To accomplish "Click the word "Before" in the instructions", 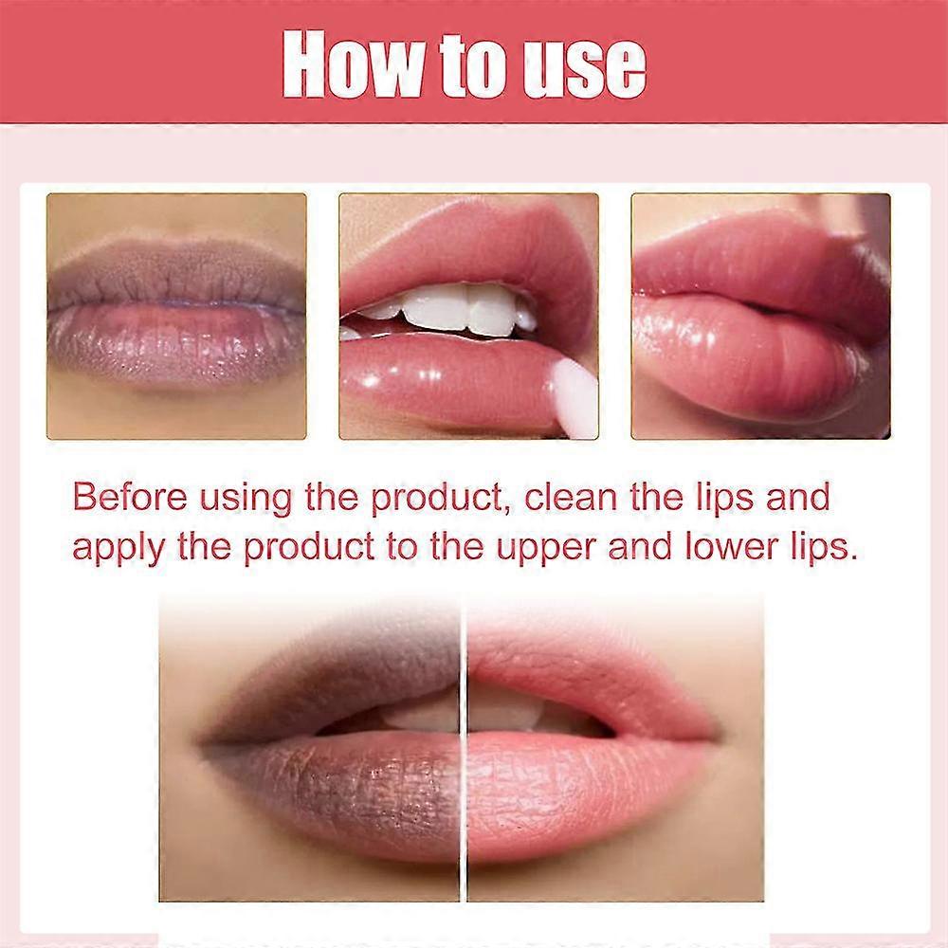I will (x=129, y=497).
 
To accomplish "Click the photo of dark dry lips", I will (x=176, y=316).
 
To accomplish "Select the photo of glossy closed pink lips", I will (x=760, y=316).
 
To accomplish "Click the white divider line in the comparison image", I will (x=465, y=749).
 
